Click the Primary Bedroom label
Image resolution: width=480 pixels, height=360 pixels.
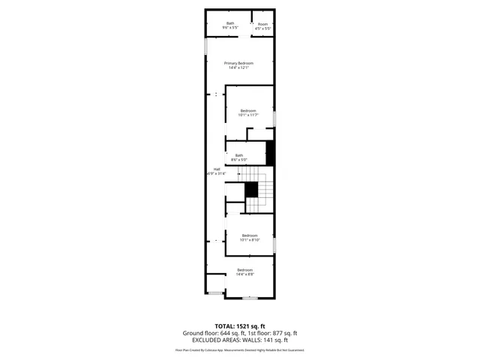(238, 63)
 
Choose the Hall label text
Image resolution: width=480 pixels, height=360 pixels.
(217, 169)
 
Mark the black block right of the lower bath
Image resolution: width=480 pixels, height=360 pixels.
(271, 153)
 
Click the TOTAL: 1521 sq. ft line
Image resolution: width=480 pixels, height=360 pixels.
(240, 325)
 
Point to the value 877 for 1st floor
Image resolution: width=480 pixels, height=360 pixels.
(276, 333)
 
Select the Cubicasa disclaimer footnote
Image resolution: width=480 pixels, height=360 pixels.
(240, 349)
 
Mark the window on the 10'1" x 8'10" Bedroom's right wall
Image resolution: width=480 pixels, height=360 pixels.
(275, 244)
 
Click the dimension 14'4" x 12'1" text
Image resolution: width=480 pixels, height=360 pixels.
(238, 68)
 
